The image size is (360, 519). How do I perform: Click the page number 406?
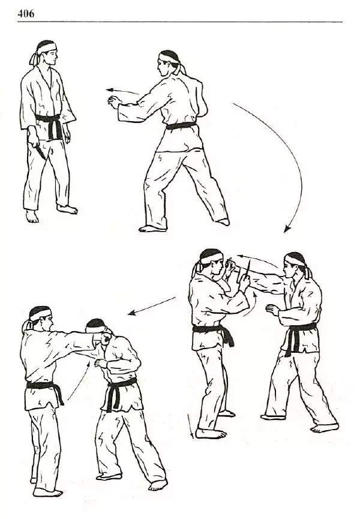25,14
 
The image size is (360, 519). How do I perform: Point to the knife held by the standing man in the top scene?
40,152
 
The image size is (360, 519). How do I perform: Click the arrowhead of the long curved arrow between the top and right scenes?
287,229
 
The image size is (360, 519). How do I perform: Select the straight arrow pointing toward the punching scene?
152,306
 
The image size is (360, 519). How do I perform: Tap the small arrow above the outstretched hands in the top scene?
122,91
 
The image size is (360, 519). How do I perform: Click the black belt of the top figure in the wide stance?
181,126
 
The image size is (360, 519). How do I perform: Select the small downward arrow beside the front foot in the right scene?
190,426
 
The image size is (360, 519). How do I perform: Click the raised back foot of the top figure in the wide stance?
223,221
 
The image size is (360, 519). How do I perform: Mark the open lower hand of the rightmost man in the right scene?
273,310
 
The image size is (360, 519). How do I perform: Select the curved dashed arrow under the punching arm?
79,380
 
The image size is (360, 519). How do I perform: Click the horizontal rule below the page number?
180,22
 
